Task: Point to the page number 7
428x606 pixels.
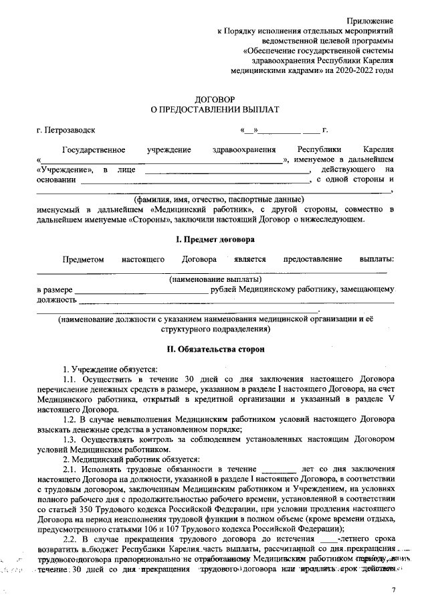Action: tap(394, 589)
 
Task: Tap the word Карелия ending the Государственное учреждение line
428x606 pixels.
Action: tap(377, 149)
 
